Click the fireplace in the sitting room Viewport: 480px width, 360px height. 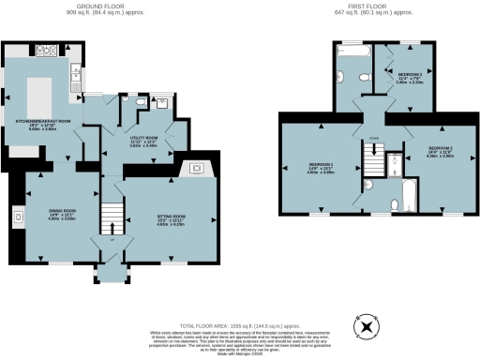click(197, 170)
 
